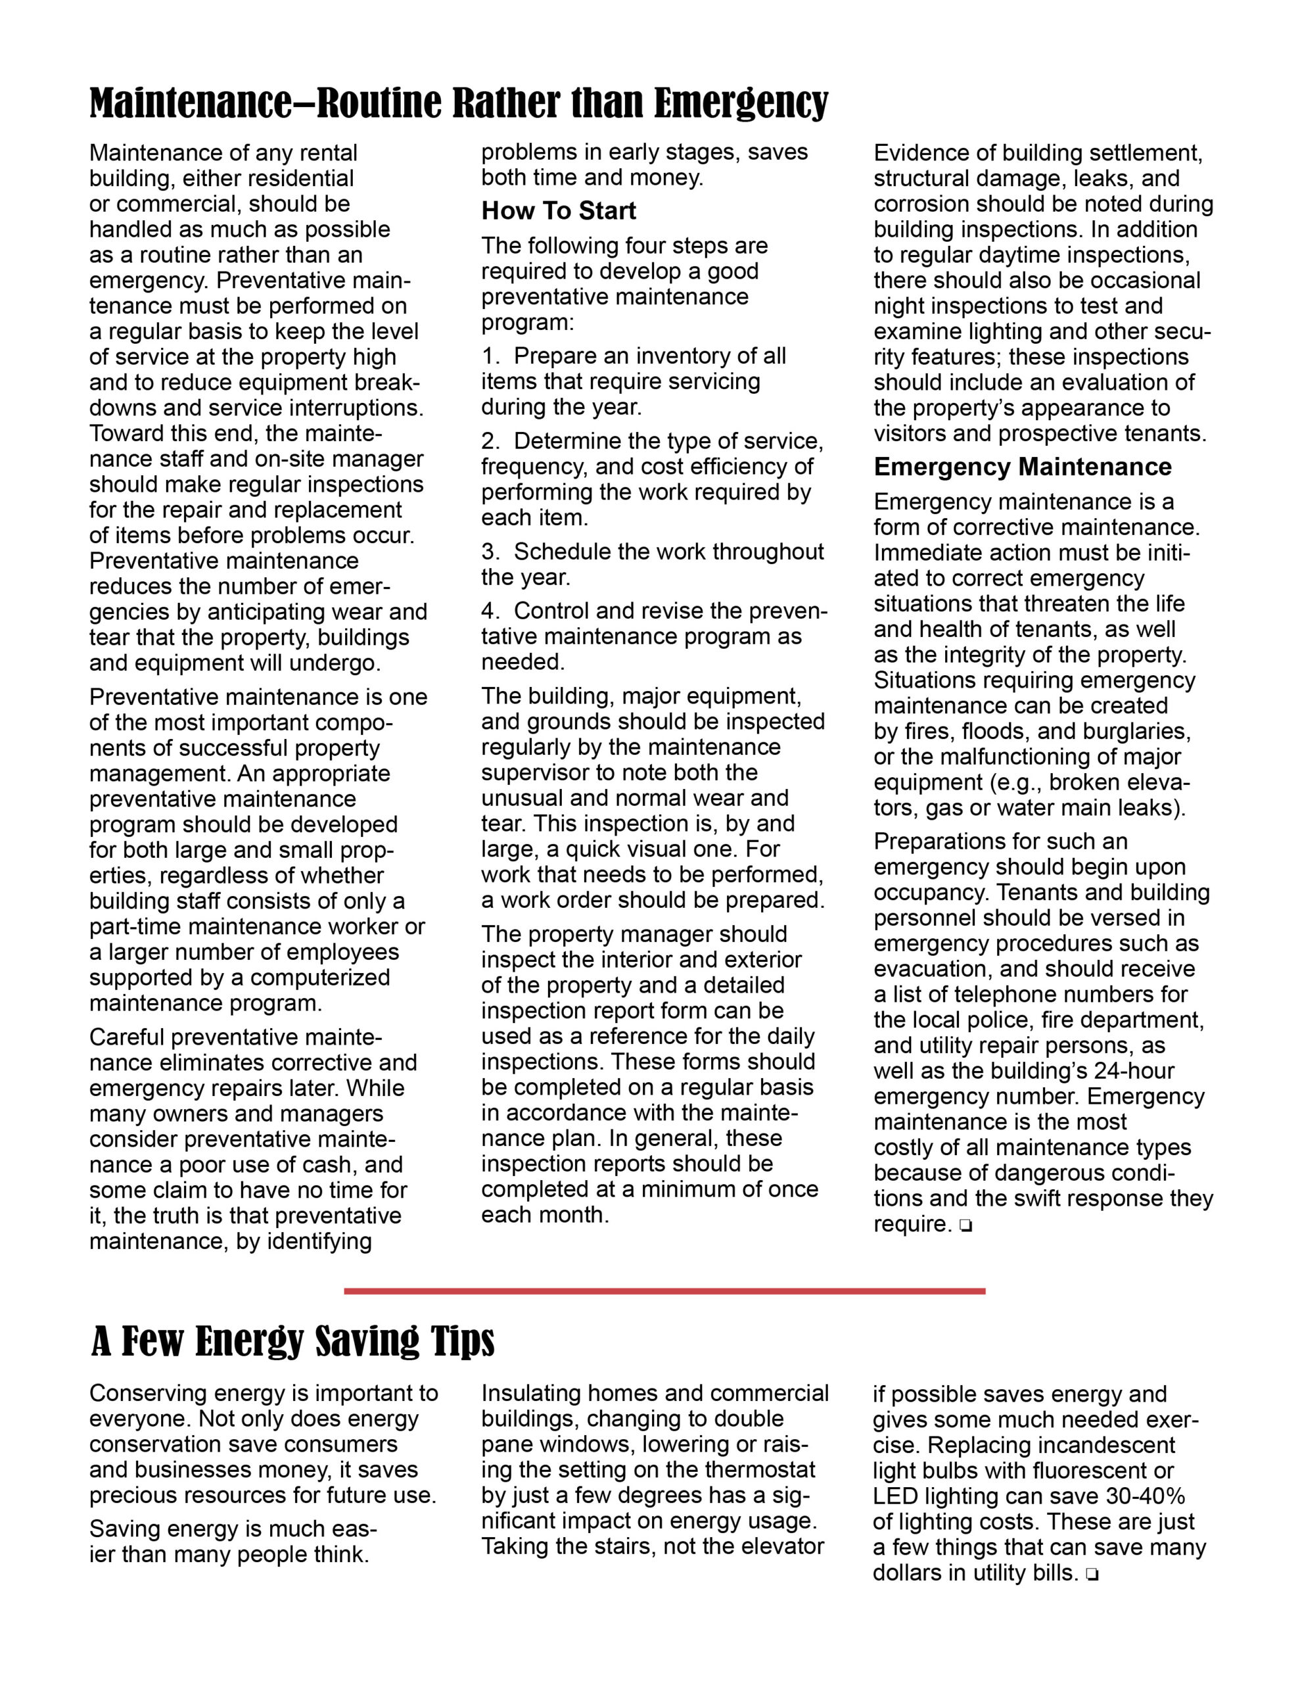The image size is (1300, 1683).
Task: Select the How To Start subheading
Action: (x=559, y=210)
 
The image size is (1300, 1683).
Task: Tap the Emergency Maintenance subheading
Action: (x=1022, y=466)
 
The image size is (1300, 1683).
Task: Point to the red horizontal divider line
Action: (x=664, y=1290)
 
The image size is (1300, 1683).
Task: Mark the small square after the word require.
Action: (x=965, y=1226)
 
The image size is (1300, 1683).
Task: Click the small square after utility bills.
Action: (x=1090, y=1575)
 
